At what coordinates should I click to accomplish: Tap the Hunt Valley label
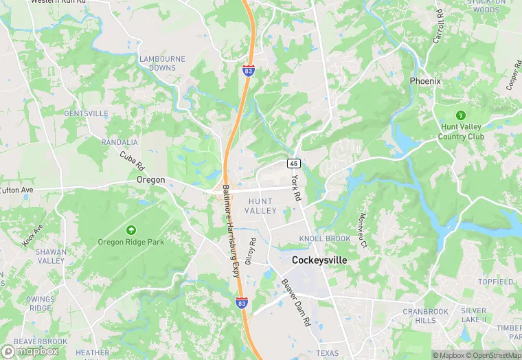pyautogui.click(x=261, y=205)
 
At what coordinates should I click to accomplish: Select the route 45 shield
pyautogui.click(x=293, y=164)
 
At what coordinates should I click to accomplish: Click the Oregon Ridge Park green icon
pyautogui.click(x=131, y=229)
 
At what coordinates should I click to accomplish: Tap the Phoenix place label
pyautogui.click(x=425, y=81)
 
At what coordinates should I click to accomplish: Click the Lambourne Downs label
pyautogui.click(x=162, y=63)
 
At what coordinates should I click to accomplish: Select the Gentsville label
pyautogui.click(x=86, y=113)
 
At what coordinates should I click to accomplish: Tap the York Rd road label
pyautogui.click(x=296, y=186)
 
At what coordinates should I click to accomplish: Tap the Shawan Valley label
pyautogui.click(x=51, y=256)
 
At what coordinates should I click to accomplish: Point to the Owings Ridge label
pyautogui.click(x=39, y=304)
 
